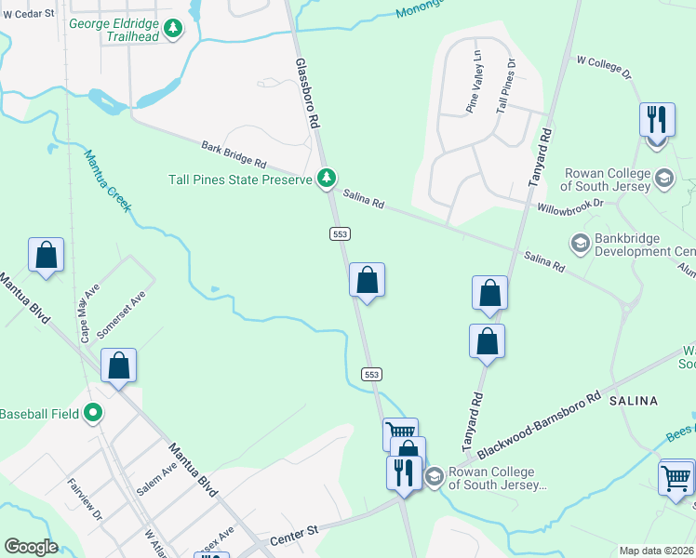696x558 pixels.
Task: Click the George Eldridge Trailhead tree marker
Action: tap(172, 30)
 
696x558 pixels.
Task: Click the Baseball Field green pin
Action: tap(92, 412)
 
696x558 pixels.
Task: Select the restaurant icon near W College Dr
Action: tap(657, 121)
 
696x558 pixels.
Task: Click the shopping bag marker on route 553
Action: tap(368, 280)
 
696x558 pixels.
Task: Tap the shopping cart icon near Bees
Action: tap(676, 479)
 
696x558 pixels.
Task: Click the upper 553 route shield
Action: tap(340, 234)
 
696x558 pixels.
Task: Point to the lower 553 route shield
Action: tap(371, 374)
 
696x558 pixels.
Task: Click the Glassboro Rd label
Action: tap(307, 94)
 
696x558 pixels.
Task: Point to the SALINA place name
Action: tap(634, 401)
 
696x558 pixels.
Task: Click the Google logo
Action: tap(31, 547)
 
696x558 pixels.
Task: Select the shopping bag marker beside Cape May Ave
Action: tap(47, 256)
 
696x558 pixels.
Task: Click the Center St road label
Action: tap(294, 536)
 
